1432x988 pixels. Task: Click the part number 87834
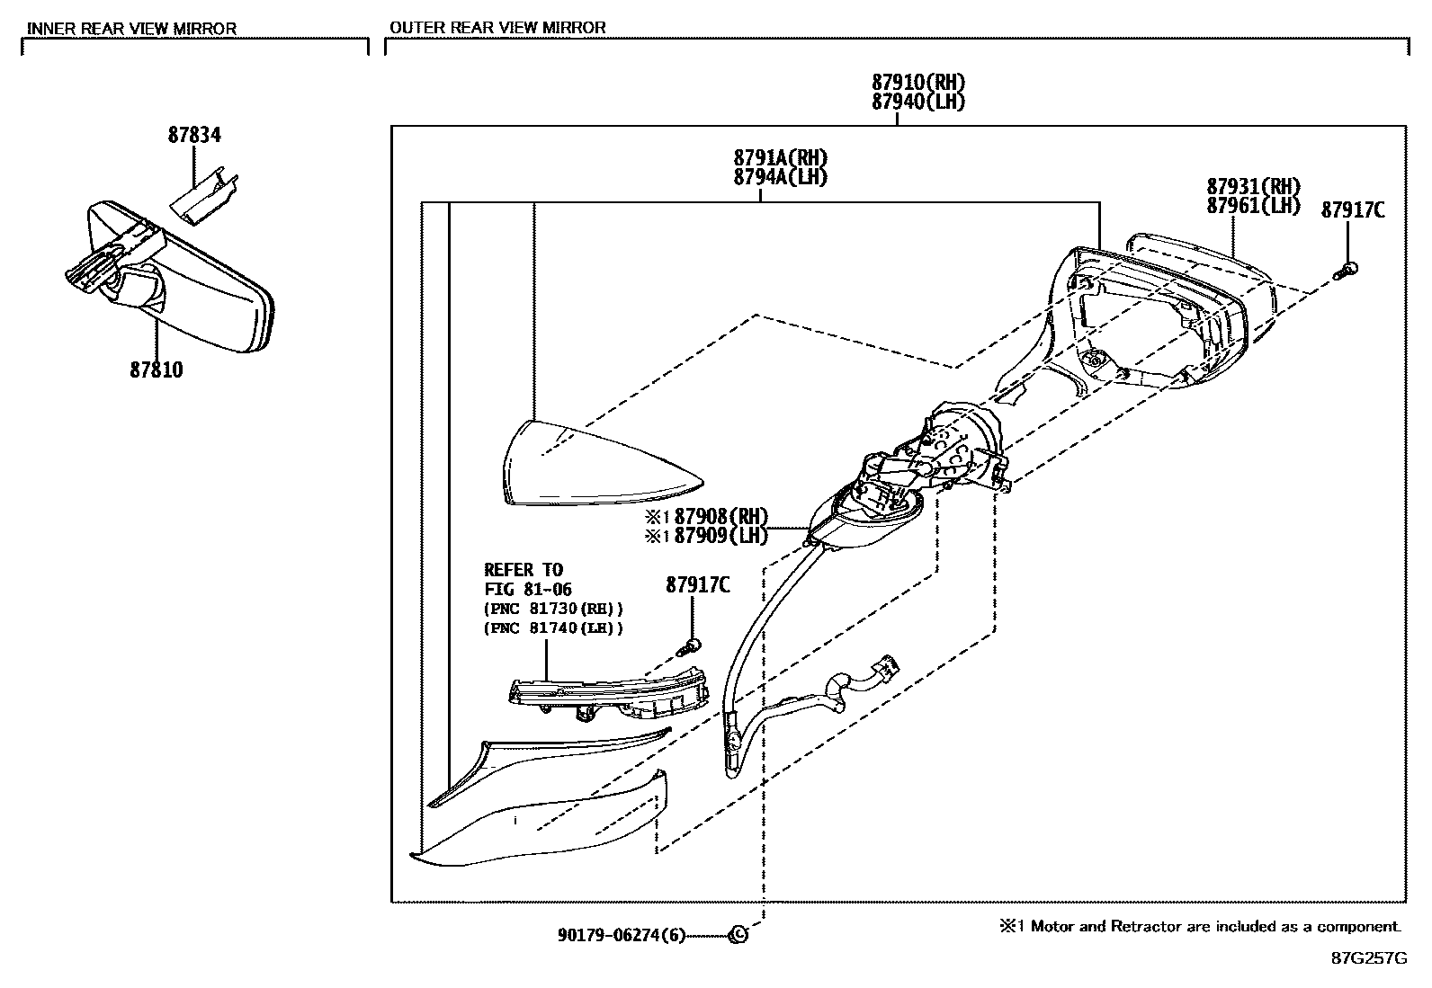tap(194, 135)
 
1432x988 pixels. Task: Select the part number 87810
tap(156, 369)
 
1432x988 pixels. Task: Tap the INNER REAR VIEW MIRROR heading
tap(131, 28)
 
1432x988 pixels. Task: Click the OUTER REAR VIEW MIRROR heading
tap(497, 27)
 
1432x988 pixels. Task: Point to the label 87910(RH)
tap(917, 83)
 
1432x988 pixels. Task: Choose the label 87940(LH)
tap(917, 102)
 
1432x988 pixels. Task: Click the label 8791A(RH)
tap(780, 158)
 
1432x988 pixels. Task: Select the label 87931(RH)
tap(1254, 186)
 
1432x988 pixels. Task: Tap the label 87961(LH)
tap(1254, 205)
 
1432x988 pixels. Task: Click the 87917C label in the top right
tap(1352, 210)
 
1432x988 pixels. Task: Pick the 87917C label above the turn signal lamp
tap(698, 584)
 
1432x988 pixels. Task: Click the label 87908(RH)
tap(720, 516)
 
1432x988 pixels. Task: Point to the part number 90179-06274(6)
tap(621, 936)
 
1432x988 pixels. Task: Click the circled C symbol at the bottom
tap(738, 935)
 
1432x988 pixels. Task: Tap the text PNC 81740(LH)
tap(552, 628)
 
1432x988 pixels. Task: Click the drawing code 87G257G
tap(1369, 958)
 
